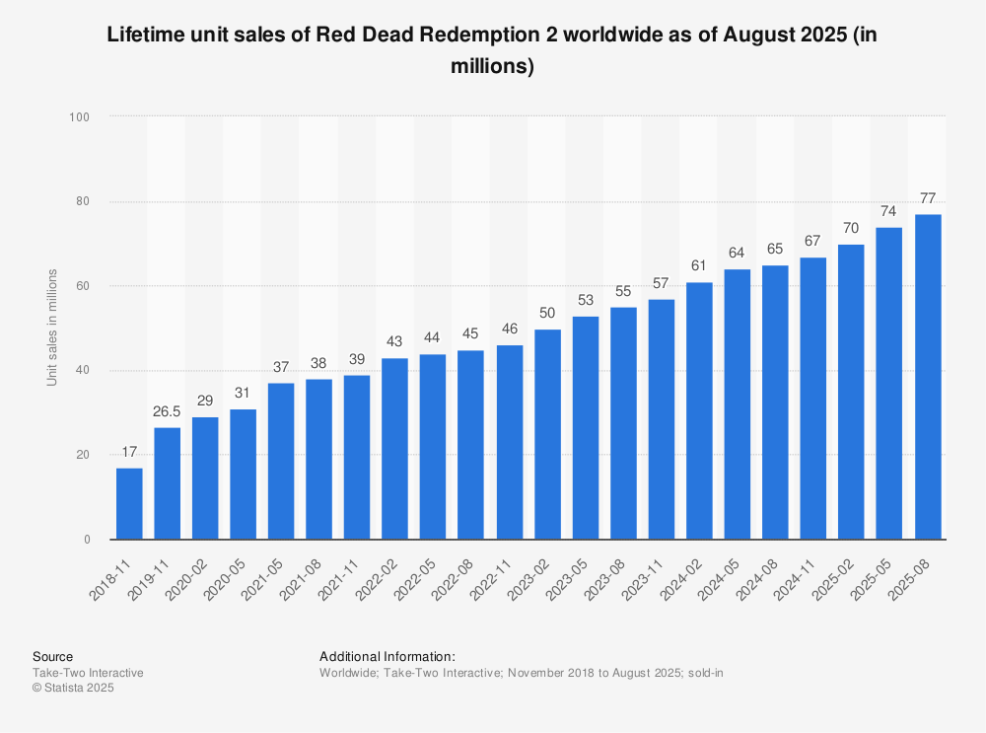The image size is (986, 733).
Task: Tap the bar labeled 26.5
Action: (x=168, y=483)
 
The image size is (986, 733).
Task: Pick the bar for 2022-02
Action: (x=395, y=449)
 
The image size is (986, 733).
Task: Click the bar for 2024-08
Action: (x=776, y=403)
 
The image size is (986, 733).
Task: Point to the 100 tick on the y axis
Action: (x=80, y=117)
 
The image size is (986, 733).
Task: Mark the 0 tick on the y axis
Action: (x=87, y=540)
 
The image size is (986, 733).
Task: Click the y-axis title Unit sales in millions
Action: (x=52, y=327)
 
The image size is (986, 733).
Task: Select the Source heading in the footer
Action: (x=52, y=656)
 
